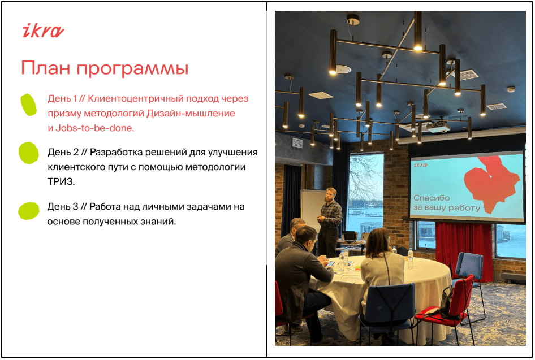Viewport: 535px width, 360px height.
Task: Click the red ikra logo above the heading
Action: tap(43, 31)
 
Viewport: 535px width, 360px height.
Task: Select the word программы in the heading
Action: tap(132, 69)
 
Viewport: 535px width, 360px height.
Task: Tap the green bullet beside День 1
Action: tap(29, 105)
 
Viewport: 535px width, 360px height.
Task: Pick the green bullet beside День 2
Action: tap(29, 153)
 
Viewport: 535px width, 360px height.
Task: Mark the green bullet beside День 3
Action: tap(29, 211)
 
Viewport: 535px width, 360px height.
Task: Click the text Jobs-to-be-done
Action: tap(95, 128)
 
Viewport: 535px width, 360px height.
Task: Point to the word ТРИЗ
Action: tap(61, 181)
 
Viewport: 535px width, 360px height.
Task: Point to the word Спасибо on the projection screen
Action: tap(432, 198)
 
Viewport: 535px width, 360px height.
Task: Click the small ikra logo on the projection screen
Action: tap(420, 165)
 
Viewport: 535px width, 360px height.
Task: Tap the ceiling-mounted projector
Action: tap(438, 127)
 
